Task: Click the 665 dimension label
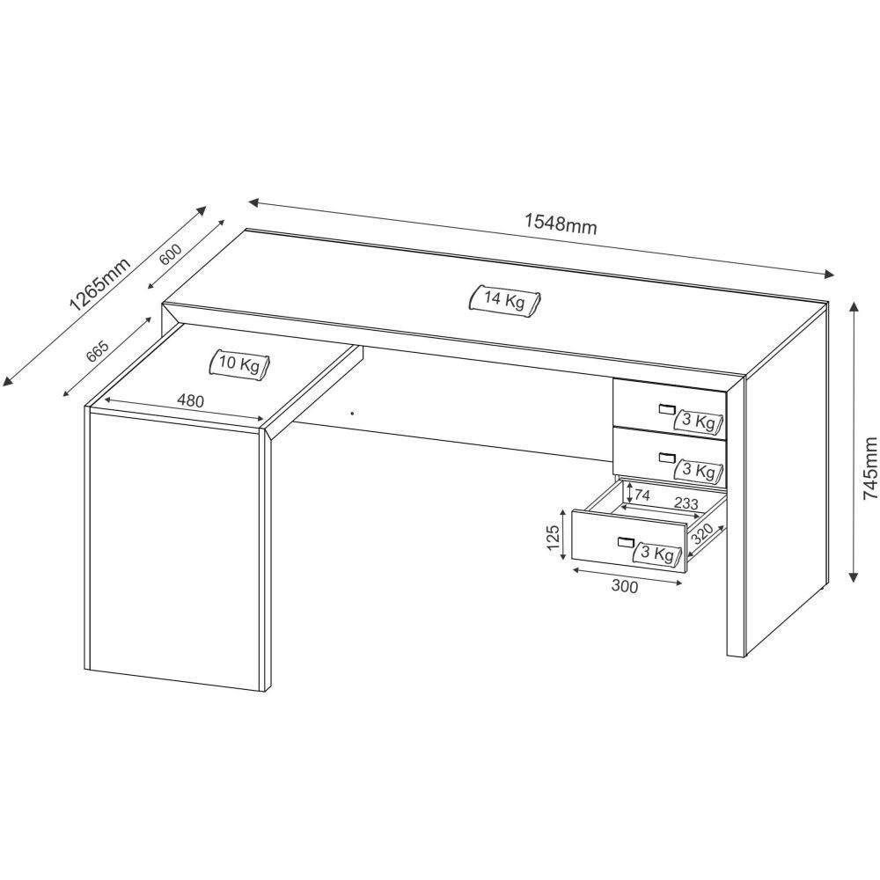(97, 350)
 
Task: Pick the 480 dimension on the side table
(190, 401)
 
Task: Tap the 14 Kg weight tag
(503, 300)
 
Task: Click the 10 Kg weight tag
(239, 363)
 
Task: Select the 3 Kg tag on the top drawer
(699, 422)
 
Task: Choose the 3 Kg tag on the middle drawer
(699, 470)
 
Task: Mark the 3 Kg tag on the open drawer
(657, 554)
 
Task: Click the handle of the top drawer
(665, 407)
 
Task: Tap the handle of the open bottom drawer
(626, 541)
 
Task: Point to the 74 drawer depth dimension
(642, 495)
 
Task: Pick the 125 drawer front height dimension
(553, 537)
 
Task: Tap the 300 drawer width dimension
(624, 587)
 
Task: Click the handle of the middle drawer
(665, 457)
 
